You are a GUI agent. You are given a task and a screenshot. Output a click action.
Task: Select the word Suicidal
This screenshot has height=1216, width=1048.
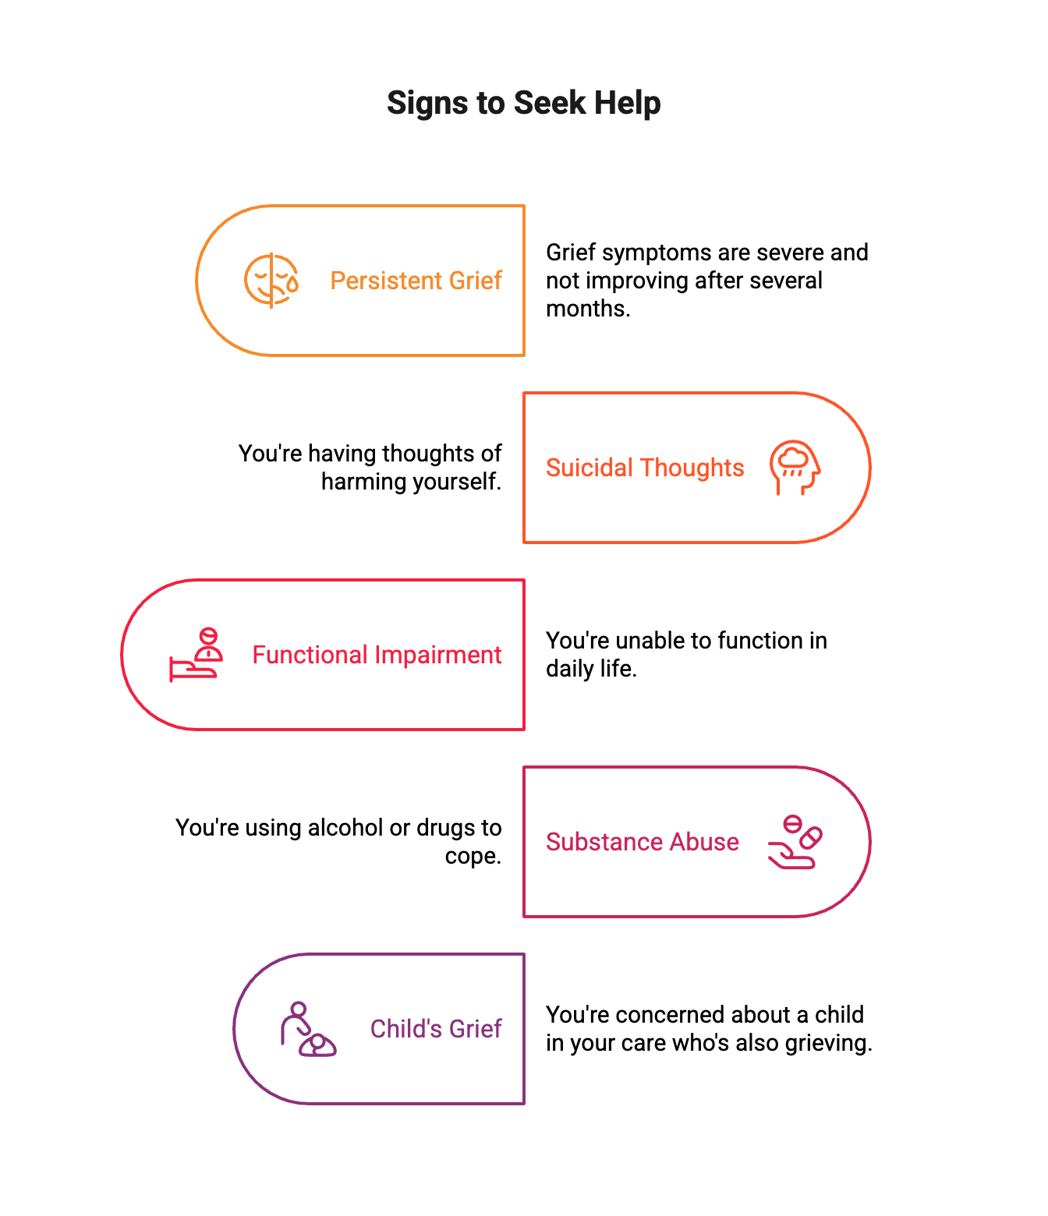click(589, 468)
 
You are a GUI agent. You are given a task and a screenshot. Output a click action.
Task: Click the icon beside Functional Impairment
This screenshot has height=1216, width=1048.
click(196, 655)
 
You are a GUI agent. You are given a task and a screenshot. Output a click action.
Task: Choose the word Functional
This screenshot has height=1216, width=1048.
click(309, 655)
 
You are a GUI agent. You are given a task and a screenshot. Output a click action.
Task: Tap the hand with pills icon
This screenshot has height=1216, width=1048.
click(795, 842)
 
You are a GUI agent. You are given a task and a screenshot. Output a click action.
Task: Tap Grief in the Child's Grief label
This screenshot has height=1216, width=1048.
click(476, 1029)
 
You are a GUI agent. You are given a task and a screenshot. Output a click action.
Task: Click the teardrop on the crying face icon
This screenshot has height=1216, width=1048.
click(292, 285)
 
